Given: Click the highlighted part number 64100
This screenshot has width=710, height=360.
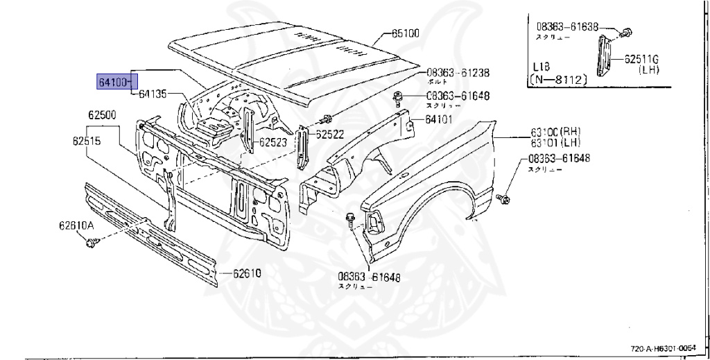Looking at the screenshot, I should [x=113, y=82].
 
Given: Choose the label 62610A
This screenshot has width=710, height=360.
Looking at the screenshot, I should [x=76, y=225].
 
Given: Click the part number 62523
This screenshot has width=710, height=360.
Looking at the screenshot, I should [x=274, y=143].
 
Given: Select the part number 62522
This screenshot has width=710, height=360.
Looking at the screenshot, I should [x=331, y=135].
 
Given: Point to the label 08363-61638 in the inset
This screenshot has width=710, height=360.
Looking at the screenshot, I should [x=566, y=27].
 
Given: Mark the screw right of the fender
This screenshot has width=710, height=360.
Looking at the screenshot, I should [x=504, y=199].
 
